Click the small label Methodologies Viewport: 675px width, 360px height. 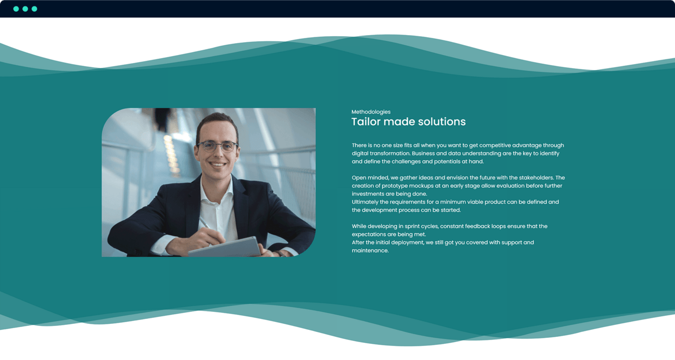pos(370,112)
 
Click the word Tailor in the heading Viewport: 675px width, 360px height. pos(366,121)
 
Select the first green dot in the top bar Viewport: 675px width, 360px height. pos(16,9)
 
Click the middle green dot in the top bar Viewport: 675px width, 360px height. pos(25,9)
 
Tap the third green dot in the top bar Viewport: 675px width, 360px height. pos(35,9)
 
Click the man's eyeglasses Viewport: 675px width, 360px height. pos(217,146)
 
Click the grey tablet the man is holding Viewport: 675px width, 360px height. pos(225,248)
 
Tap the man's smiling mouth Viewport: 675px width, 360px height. pos(218,164)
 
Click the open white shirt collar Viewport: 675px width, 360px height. pos(217,190)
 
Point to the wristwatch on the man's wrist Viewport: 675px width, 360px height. pos(280,254)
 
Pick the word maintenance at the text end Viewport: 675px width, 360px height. pos(370,250)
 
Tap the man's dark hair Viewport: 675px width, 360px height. pos(217,120)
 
